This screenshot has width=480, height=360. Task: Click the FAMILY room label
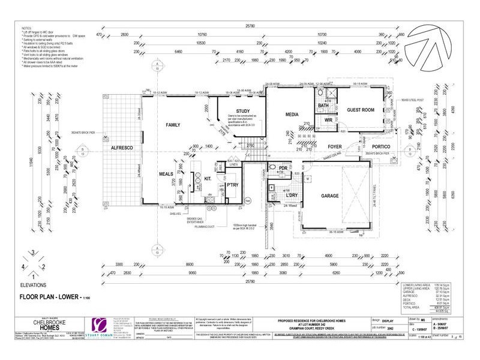pos(173,124)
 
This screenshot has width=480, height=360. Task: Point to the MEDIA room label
pos(292,114)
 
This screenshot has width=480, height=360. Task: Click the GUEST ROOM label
pos(361,110)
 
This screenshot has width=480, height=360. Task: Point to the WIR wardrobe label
pos(328,120)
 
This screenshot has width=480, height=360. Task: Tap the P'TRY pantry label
pos(232,185)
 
